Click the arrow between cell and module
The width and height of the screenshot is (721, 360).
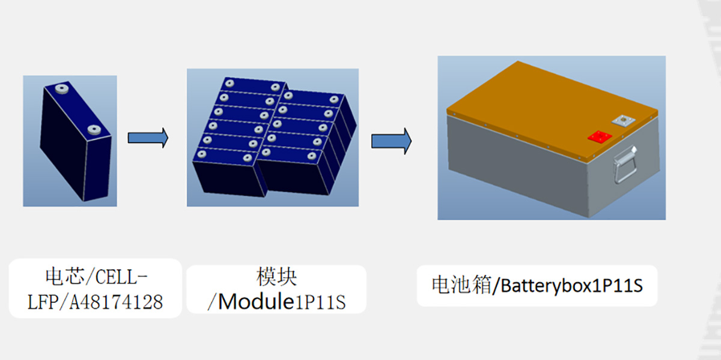pos(148,138)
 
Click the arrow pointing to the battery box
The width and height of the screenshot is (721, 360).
pos(391,141)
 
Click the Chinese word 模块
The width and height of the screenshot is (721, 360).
pos(276,277)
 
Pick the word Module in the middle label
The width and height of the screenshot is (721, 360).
pos(255,302)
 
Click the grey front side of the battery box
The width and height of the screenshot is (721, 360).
pos(517,174)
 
